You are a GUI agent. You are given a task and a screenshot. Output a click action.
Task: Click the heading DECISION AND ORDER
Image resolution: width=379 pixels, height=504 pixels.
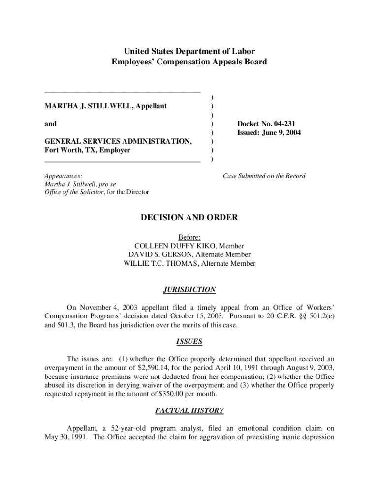pyautogui.click(x=189, y=217)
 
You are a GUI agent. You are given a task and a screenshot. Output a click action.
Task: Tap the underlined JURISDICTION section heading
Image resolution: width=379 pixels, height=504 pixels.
pyautogui.click(x=189, y=290)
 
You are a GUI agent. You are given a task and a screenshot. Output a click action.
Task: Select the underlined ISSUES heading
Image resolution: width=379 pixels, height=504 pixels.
pyautogui.click(x=189, y=341)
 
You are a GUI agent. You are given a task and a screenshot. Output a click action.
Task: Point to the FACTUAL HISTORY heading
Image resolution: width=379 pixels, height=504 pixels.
pyautogui.click(x=189, y=410)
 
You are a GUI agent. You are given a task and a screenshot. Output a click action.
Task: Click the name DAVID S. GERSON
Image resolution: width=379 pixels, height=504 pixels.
pyautogui.click(x=160, y=254)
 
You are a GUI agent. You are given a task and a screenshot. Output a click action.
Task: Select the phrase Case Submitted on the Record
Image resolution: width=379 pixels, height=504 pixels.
pyautogui.click(x=264, y=176)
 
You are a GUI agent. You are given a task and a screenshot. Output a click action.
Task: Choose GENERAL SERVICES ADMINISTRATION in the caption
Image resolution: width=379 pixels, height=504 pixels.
pyautogui.click(x=118, y=141)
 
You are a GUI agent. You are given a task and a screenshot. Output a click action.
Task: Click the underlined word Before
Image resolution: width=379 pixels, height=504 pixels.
pyautogui.click(x=189, y=237)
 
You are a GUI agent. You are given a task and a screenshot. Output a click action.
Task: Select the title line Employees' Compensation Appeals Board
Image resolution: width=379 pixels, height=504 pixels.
pyautogui.click(x=189, y=62)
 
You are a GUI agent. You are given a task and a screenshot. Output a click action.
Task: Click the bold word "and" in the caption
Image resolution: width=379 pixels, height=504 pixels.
pyautogui.click(x=51, y=124)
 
